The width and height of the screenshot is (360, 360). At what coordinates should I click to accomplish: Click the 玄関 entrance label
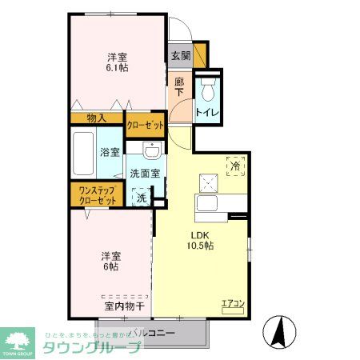(x=180, y=56)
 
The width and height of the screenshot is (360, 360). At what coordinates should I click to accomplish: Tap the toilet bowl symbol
(x=209, y=88)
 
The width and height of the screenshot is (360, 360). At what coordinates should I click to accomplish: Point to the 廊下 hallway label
(x=180, y=86)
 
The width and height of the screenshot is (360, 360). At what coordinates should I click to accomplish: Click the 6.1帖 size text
(x=118, y=70)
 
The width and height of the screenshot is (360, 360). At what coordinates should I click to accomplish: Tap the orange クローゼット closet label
(x=146, y=125)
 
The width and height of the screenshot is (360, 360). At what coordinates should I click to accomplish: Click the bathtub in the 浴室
(x=82, y=154)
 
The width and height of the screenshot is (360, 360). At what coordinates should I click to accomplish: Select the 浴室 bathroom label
(x=110, y=152)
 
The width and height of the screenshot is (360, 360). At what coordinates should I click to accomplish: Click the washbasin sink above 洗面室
(x=151, y=150)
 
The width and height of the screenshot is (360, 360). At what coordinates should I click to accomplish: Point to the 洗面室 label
(x=145, y=174)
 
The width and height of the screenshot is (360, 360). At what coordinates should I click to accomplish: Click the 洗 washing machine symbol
(x=142, y=196)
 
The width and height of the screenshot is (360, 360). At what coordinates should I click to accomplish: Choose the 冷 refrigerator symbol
(x=235, y=166)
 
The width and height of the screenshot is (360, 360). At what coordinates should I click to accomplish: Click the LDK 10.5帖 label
(x=200, y=240)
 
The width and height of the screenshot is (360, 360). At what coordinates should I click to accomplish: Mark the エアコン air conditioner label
(x=232, y=302)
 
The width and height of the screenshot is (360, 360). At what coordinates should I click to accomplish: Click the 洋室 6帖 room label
(x=111, y=262)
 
